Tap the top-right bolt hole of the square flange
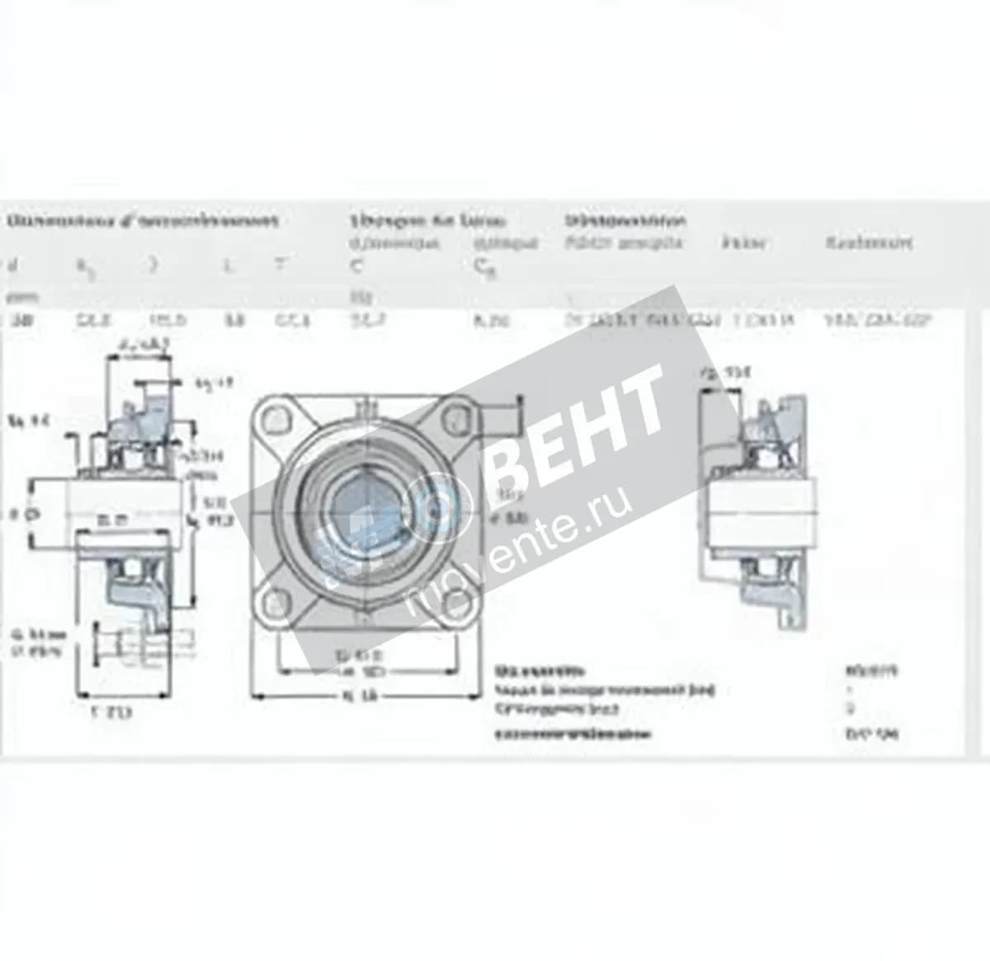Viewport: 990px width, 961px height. click(455, 419)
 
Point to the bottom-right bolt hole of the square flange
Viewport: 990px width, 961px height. click(453, 601)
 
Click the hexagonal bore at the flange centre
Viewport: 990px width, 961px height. click(361, 510)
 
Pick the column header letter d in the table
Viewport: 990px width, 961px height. click(11, 266)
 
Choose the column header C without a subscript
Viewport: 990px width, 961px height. click(356, 266)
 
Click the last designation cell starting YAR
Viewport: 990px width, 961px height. click(876, 321)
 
